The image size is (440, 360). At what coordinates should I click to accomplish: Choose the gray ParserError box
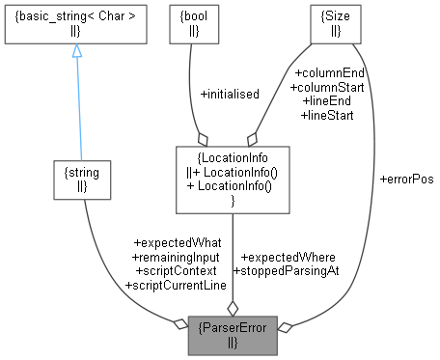point(233,333)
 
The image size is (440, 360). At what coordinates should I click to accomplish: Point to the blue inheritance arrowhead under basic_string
point(76,50)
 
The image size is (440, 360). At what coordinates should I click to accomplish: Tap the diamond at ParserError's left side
point(179,323)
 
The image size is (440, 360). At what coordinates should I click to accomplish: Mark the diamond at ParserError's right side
point(284,327)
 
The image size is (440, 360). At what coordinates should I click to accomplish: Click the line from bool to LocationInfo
point(193,92)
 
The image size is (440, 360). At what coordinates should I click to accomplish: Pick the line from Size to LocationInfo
point(285,92)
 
